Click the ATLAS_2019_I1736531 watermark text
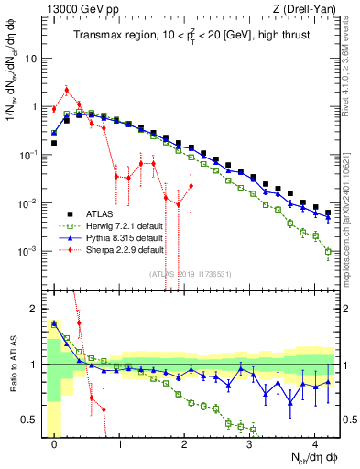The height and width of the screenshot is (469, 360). [x=191, y=273]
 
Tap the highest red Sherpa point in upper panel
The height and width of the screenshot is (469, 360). [x=67, y=90]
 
